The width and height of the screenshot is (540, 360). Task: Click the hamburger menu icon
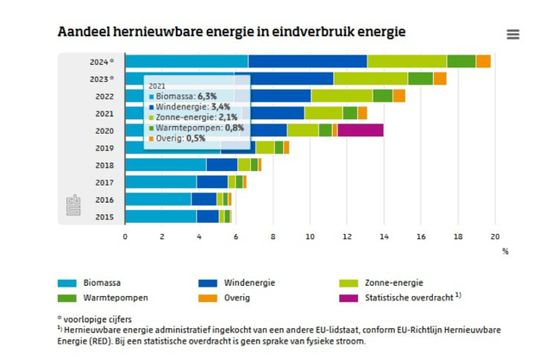click(513, 35)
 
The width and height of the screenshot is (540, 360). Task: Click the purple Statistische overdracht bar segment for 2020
click(361, 130)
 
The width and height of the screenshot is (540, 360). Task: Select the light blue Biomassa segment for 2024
click(186, 61)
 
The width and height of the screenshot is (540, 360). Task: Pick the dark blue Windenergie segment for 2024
click(307, 61)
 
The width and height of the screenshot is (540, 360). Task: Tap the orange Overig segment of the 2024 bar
click(483, 61)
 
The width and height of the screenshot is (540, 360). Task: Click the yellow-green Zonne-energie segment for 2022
click(342, 96)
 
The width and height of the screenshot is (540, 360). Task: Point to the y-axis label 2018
click(104, 165)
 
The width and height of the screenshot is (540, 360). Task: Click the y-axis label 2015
click(104, 217)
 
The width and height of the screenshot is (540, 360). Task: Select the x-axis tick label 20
click(495, 236)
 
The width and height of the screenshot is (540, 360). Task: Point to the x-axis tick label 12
click(347, 236)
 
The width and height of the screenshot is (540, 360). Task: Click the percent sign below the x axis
click(505, 251)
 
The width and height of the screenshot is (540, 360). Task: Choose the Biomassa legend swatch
click(67, 282)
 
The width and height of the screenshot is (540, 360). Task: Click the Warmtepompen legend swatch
click(67, 298)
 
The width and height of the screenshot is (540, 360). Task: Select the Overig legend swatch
click(208, 298)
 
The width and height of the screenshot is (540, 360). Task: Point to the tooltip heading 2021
click(156, 86)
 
